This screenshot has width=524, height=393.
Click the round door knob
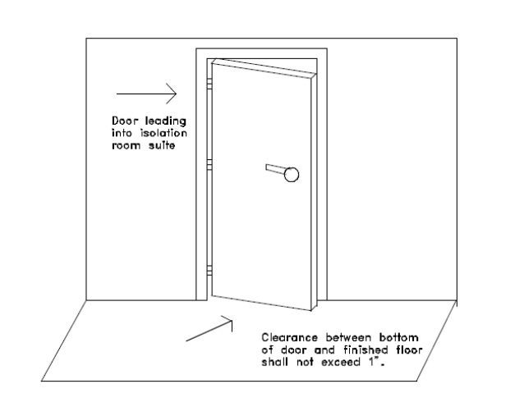[x=292, y=173]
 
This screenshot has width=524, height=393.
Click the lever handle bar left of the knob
[x=275, y=169]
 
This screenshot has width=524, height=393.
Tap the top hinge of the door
[x=209, y=83]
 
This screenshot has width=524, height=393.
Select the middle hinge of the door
[x=209, y=165]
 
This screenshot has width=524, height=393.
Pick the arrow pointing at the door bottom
[x=210, y=329]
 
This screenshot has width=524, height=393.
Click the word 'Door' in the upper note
[x=125, y=119]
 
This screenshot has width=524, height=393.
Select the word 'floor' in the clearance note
[x=402, y=348]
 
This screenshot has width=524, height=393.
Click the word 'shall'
[x=276, y=359]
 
